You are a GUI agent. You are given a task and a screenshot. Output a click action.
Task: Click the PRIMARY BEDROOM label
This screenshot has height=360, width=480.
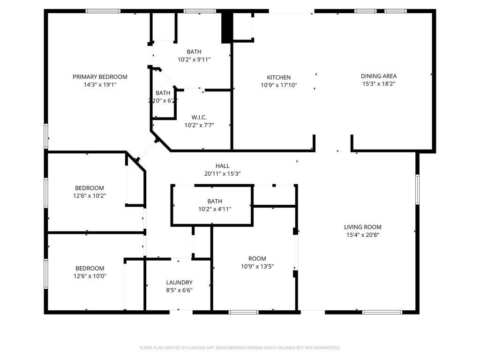[x=100, y=77]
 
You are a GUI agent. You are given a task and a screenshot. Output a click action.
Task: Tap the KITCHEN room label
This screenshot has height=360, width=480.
[x=278, y=77]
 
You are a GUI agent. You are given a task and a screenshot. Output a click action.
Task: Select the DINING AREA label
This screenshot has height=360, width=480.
[x=379, y=76]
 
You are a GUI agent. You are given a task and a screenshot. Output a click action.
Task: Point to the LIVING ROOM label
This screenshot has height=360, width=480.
[x=362, y=227]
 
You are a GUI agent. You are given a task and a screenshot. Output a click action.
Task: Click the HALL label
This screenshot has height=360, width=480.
[x=222, y=166]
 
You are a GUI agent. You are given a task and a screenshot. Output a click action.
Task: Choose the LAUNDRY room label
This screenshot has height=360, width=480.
[x=179, y=283]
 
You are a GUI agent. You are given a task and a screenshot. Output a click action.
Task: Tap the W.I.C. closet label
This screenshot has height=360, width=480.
[x=199, y=117]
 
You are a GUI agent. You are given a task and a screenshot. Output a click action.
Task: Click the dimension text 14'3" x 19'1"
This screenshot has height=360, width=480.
[x=100, y=85]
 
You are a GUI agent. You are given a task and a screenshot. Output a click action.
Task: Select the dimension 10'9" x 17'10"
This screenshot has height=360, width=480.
[x=278, y=85]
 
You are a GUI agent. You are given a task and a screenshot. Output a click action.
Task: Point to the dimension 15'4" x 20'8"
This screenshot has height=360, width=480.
[x=362, y=235]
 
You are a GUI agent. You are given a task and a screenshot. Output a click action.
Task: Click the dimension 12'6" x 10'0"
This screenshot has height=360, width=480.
[x=90, y=276]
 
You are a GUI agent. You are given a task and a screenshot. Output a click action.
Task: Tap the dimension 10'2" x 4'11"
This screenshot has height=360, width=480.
[x=215, y=210]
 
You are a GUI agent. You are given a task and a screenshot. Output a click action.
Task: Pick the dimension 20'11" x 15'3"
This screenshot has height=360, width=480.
[x=222, y=174]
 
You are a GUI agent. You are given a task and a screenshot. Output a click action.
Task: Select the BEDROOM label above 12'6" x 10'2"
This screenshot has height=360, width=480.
[x=90, y=188]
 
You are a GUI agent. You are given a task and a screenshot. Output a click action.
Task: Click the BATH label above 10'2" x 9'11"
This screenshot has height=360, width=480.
[x=194, y=52]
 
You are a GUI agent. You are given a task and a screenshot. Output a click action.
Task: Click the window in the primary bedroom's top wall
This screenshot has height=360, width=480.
[x=103, y=11]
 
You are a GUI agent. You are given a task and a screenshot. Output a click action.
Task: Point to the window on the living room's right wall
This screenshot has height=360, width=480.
[x=417, y=189]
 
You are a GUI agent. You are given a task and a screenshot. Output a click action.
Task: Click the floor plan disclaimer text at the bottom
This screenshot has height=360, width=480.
[x=240, y=348]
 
